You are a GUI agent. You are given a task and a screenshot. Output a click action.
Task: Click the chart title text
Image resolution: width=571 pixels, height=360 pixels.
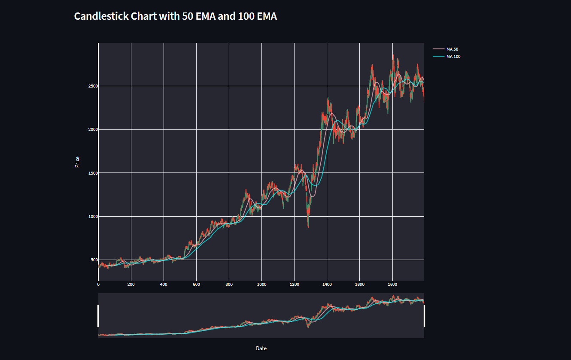point(175,16)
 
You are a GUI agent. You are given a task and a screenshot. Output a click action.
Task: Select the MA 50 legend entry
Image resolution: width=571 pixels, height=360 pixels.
point(453,49)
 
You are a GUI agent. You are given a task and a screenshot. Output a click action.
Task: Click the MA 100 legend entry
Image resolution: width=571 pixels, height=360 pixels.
point(453,57)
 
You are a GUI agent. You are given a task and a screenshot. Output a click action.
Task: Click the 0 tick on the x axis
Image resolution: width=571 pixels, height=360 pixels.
point(98,284)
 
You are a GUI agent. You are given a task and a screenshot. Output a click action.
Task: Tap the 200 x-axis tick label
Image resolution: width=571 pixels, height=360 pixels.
point(131,284)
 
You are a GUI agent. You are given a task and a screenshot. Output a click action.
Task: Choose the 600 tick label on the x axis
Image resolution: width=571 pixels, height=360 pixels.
point(196,284)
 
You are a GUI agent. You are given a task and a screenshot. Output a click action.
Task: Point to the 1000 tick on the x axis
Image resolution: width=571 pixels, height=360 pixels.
point(261,284)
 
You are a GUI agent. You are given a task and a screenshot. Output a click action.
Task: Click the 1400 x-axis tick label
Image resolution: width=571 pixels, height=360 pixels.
point(327,284)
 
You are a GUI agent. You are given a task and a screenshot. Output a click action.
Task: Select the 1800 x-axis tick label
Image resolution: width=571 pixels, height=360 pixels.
point(392,284)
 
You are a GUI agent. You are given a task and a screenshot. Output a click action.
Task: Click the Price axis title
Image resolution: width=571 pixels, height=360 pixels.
point(77,162)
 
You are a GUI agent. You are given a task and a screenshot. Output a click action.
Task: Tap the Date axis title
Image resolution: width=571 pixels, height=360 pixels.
point(261,348)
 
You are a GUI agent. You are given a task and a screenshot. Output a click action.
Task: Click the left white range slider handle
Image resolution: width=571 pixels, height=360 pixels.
point(98,316)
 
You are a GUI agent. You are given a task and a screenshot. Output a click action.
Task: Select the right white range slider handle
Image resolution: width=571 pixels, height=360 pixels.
point(424,316)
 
